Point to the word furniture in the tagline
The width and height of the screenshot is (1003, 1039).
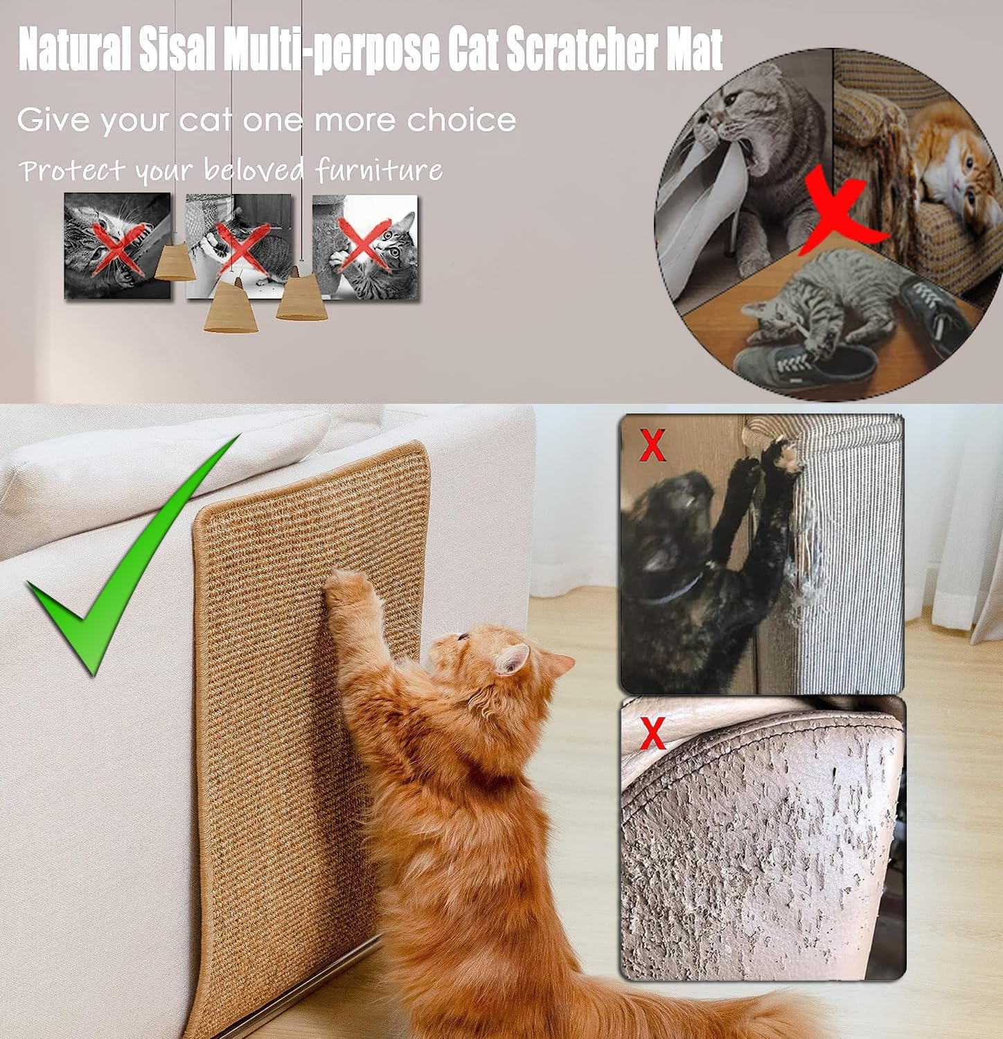pos(380,170)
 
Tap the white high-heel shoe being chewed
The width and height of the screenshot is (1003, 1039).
pos(700,208)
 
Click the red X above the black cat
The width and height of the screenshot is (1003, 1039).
pos(652,445)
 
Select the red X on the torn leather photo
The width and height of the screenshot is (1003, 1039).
pos(652,734)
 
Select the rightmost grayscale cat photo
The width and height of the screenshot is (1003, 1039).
pos(365,247)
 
